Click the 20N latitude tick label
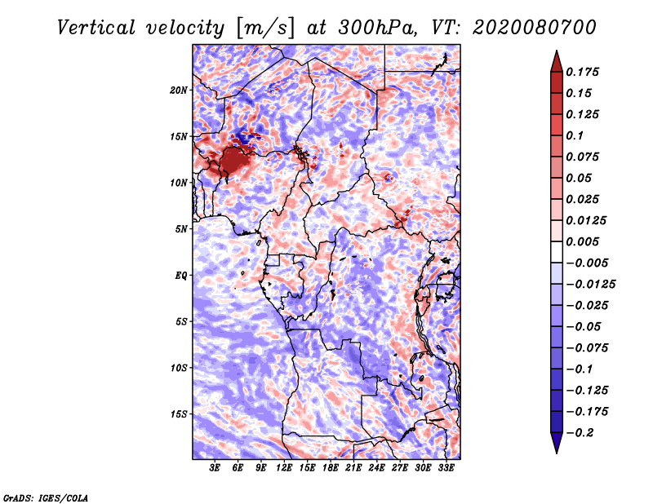(x=179, y=90)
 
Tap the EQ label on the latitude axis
(x=181, y=275)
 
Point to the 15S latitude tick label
(x=179, y=413)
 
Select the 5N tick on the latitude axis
(x=181, y=228)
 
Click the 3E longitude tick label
(x=215, y=469)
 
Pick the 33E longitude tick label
(x=446, y=469)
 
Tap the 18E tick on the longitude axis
(x=331, y=469)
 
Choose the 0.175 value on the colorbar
(x=586, y=72)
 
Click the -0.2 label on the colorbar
(x=581, y=432)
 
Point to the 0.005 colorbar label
(x=586, y=241)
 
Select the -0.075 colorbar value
(x=589, y=347)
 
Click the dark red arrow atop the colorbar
(x=556, y=60)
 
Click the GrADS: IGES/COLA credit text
(x=45, y=497)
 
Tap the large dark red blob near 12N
(x=233, y=160)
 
